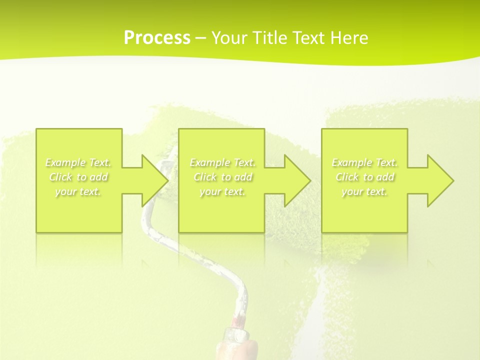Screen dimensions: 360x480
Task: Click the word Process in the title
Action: [157, 38]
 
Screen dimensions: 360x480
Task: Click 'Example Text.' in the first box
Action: [78, 162]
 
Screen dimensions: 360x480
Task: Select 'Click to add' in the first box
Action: [78, 177]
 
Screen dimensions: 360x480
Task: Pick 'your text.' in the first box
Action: [78, 191]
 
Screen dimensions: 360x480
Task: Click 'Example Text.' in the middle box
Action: [222, 162]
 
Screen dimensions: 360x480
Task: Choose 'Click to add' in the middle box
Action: [222, 177]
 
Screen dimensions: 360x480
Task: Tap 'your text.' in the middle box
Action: [222, 191]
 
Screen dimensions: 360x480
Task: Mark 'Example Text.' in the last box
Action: [364, 162]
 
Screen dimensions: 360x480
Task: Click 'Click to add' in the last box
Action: [364, 177]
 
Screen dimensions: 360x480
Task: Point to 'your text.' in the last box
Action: [364, 191]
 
